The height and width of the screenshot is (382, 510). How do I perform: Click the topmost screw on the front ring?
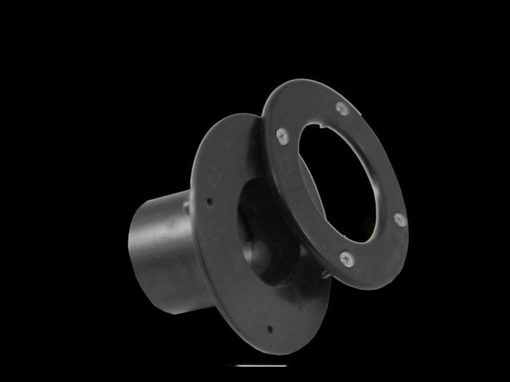pyautogui.click(x=342, y=108)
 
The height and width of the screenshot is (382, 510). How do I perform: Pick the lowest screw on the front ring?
pyautogui.click(x=347, y=257)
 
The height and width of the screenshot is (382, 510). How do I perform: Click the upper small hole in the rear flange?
pyautogui.click(x=209, y=202)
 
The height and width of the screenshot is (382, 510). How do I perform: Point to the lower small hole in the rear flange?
pyautogui.click(x=269, y=328)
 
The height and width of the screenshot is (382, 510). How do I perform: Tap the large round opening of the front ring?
pyautogui.click(x=342, y=182)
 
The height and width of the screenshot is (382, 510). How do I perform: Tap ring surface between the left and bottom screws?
pyautogui.click(x=306, y=211)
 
